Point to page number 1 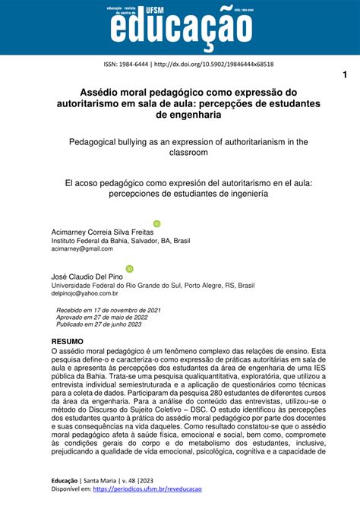(344, 74)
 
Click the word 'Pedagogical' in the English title (97, 141)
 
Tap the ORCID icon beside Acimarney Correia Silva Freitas (157, 223)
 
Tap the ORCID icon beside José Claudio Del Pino (129, 268)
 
